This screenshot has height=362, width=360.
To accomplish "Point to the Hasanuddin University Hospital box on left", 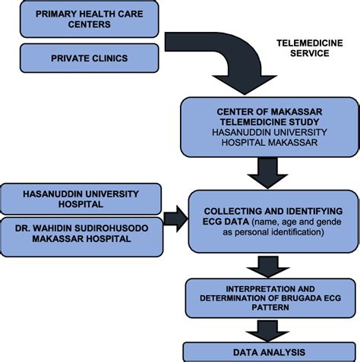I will (82, 198).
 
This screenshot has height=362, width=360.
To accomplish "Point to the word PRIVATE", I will (71, 57).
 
